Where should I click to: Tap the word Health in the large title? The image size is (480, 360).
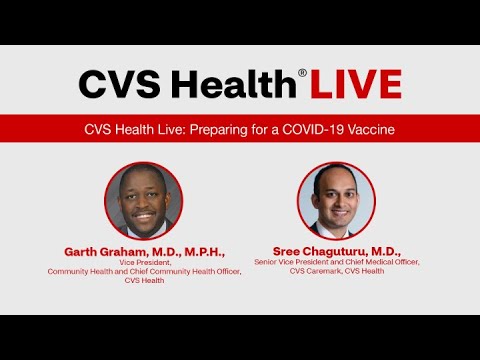[228, 84]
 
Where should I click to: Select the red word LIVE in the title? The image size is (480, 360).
[355, 84]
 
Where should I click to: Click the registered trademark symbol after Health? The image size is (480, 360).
[302, 72]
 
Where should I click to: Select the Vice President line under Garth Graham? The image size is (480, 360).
[145, 262]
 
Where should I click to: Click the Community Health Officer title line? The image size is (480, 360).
[145, 271]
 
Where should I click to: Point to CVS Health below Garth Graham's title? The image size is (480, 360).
[145, 280]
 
